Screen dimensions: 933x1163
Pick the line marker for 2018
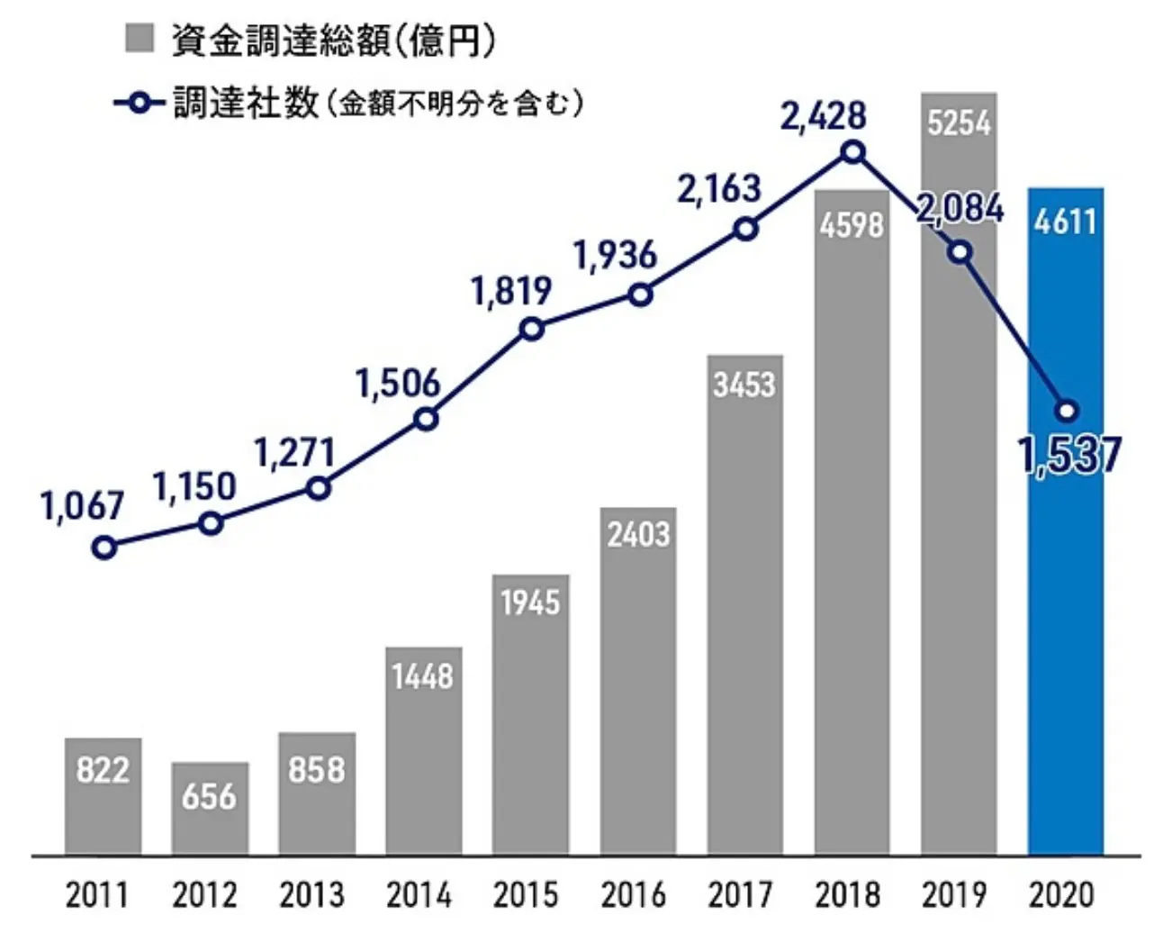(852, 152)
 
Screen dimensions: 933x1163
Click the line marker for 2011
(104, 547)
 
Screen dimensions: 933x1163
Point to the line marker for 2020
(1068, 411)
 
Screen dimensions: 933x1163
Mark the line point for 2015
(532, 329)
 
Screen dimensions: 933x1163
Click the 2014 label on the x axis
(419, 895)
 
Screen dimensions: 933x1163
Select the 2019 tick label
(954, 895)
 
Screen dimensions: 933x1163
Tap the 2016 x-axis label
(633, 895)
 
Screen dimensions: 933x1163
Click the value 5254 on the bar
(959, 122)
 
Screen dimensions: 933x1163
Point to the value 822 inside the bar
(103, 771)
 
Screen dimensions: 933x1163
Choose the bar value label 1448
(422, 676)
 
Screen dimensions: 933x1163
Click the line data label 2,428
(823, 116)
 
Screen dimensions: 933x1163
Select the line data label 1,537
(1070, 455)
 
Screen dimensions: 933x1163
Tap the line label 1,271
(294, 453)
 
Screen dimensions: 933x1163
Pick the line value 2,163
(718, 189)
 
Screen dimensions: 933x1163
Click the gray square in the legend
(140, 39)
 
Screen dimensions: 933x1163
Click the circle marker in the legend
(140, 103)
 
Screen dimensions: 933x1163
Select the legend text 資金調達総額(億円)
(333, 41)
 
